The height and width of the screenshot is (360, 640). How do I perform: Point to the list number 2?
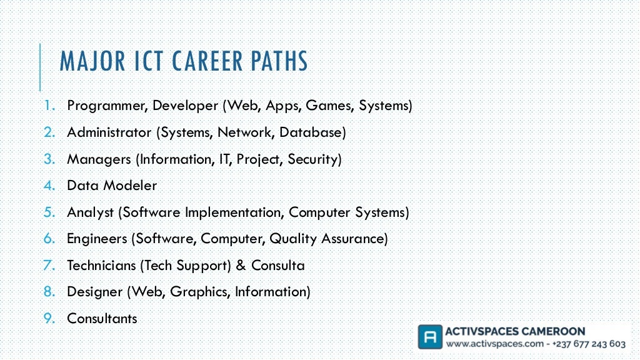point(50,132)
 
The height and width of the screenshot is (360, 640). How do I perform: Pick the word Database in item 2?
point(312,132)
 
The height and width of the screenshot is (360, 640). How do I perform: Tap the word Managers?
point(99,159)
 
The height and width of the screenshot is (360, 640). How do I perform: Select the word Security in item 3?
point(314,159)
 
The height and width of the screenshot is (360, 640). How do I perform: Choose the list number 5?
point(50,212)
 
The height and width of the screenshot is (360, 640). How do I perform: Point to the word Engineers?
point(96,239)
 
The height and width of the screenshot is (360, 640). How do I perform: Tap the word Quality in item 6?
point(293,239)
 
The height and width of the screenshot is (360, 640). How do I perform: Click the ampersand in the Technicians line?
point(241,266)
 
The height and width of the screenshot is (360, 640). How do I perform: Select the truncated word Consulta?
point(278,266)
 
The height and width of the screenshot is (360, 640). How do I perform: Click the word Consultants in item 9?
point(102,319)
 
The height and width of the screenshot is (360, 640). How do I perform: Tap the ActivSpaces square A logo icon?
point(429,337)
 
